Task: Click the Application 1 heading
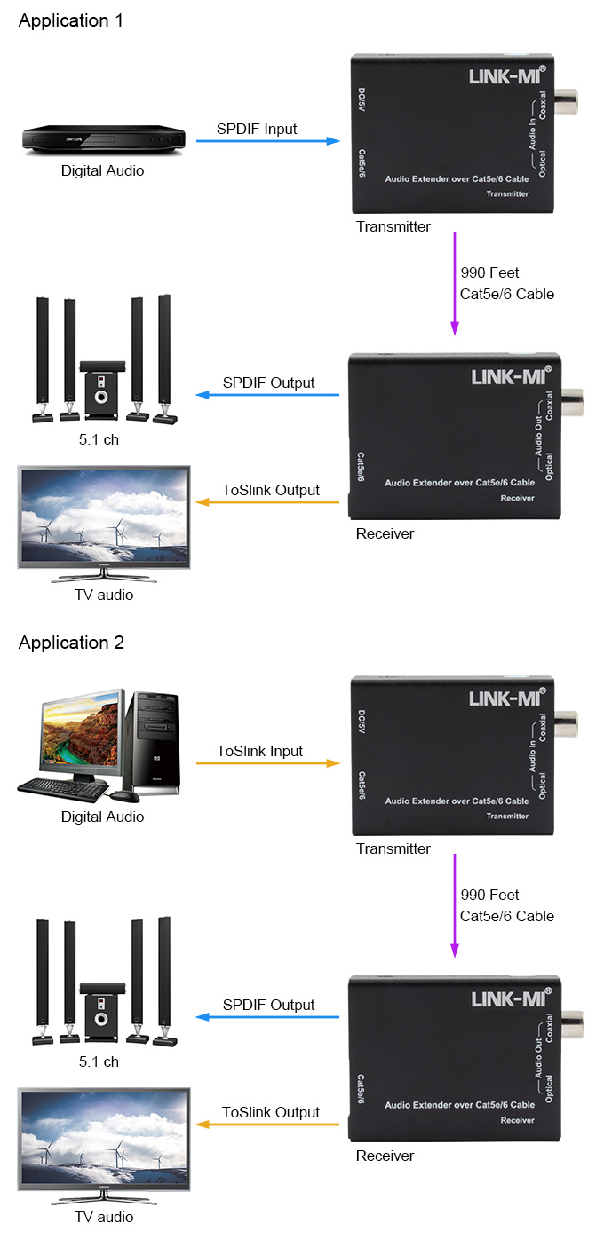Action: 71,21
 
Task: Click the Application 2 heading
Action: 71,643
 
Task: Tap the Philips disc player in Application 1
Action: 104,139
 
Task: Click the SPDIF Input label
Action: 257,129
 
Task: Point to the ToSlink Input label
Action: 260,751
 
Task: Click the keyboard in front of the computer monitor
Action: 62,786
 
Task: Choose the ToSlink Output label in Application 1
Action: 271,490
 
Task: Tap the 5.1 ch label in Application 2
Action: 99,1061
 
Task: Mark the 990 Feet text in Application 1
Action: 489,272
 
